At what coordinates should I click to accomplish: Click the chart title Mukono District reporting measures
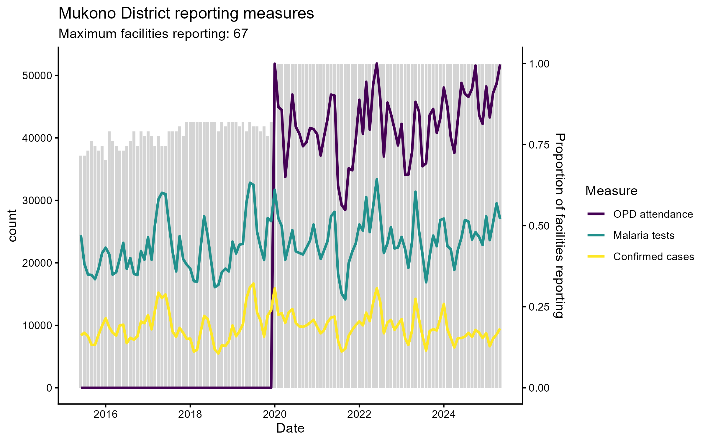tap(186, 14)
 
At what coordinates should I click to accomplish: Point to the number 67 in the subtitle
tap(240, 34)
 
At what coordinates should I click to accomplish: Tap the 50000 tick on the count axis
tap(37, 76)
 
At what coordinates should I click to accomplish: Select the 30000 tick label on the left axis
tap(37, 201)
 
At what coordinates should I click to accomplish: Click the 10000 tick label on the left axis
tap(37, 326)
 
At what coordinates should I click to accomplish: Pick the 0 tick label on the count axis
tap(49, 388)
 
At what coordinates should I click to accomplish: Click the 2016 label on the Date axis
tap(105, 415)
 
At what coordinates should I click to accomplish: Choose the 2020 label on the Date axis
tap(275, 415)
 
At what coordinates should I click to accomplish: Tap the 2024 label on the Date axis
tap(444, 415)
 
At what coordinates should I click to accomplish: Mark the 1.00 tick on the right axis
tap(539, 64)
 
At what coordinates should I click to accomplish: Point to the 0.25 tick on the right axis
tap(539, 307)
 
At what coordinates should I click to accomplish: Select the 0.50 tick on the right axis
tap(539, 226)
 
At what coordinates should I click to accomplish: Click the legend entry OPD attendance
tap(653, 214)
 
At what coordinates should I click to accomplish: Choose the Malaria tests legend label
tap(644, 235)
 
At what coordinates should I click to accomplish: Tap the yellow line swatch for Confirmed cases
tap(596, 256)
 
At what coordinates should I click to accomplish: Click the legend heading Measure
tap(611, 191)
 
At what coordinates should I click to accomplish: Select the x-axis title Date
tap(290, 428)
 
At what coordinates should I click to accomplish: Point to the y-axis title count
tap(12, 226)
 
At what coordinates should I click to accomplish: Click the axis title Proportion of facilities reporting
tap(559, 226)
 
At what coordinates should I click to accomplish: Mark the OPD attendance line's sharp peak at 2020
tap(275, 64)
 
